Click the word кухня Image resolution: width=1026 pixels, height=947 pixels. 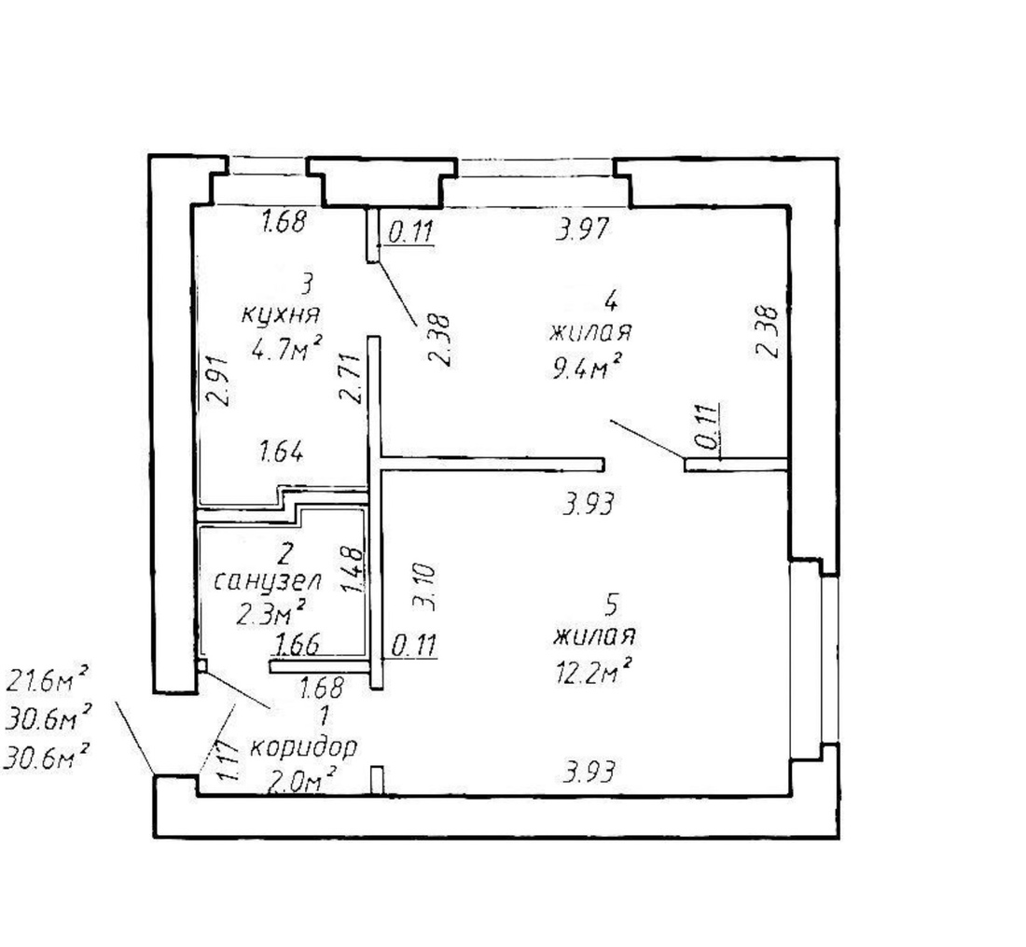click(x=281, y=314)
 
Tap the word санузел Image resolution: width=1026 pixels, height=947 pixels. click(x=268, y=582)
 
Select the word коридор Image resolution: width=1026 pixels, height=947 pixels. click(x=304, y=747)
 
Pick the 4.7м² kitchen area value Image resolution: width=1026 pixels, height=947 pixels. click(x=285, y=349)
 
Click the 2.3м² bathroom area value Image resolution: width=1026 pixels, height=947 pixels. click(x=272, y=612)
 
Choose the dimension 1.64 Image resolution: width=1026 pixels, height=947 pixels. click(x=280, y=454)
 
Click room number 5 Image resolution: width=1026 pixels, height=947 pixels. click(x=611, y=605)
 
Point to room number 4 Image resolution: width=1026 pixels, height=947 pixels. click(x=611, y=300)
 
